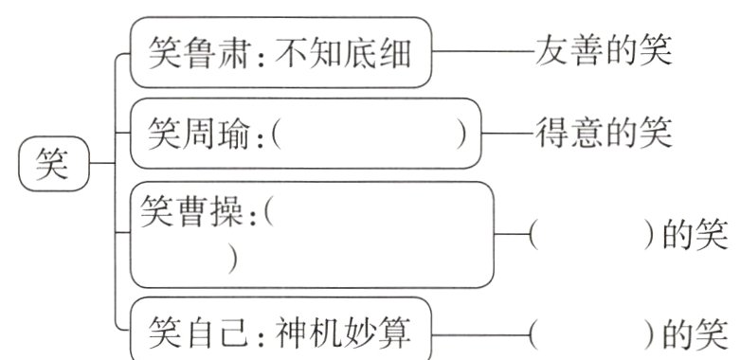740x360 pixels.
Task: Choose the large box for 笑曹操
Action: [313, 234]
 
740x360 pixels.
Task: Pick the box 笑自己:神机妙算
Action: [281, 331]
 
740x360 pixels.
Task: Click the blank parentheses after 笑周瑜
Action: [369, 135]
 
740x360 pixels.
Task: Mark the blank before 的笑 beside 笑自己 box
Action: [590, 333]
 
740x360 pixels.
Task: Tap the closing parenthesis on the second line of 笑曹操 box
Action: [232, 259]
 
